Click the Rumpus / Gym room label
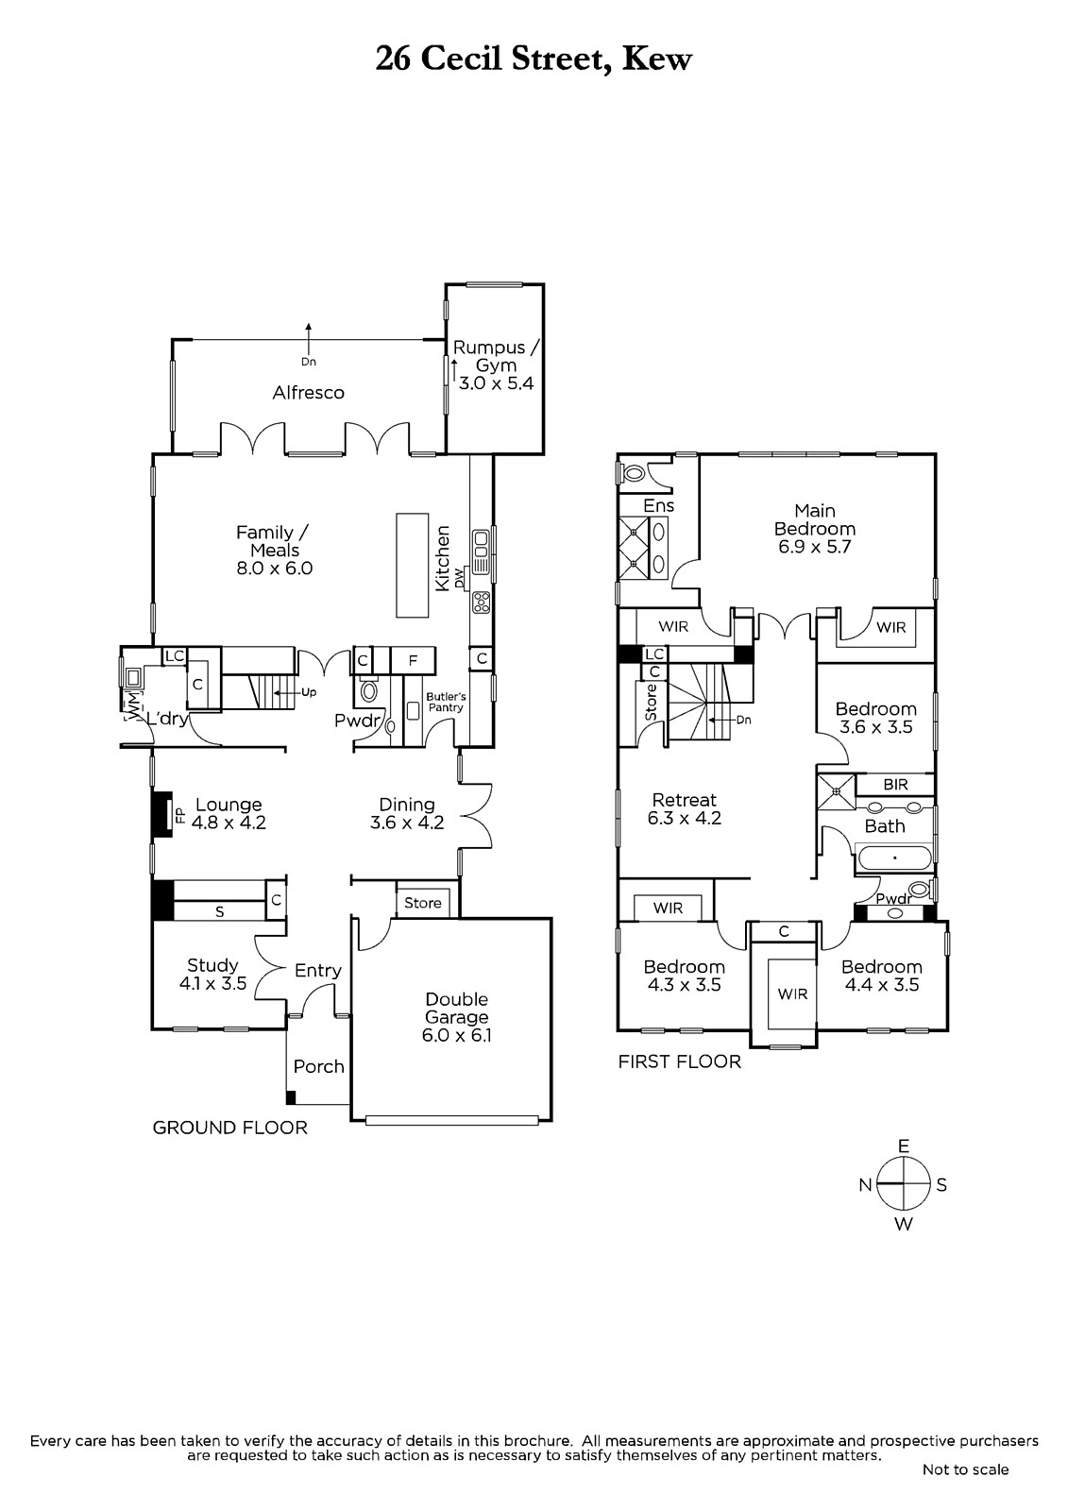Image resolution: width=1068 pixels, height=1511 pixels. click(x=497, y=356)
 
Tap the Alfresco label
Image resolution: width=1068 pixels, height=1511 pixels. click(x=309, y=393)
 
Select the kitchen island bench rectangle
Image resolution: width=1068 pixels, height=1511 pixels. click(x=413, y=566)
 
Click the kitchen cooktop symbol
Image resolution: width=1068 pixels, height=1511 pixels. click(x=482, y=603)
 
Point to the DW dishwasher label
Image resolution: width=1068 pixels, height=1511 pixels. click(x=460, y=577)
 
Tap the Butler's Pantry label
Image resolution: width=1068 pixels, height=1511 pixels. click(x=446, y=703)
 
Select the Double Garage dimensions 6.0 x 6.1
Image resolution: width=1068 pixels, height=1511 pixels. click(x=457, y=1035)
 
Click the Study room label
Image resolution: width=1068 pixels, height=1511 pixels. click(x=212, y=965)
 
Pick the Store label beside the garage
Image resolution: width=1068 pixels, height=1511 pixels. click(x=423, y=903)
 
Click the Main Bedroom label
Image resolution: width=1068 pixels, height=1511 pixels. click(x=815, y=519)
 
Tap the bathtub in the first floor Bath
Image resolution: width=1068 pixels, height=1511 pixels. click(x=894, y=858)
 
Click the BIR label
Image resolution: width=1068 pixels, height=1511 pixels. click(x=895, y=785)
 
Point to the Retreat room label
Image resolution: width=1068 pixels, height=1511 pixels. click(x=684, y=800)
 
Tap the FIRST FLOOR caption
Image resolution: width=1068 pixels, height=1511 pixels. click(x=679, y=1061)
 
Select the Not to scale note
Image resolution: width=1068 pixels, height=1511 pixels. click(x=965, y=1469)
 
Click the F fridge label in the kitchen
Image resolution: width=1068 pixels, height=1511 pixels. click(x=413, y=660)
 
